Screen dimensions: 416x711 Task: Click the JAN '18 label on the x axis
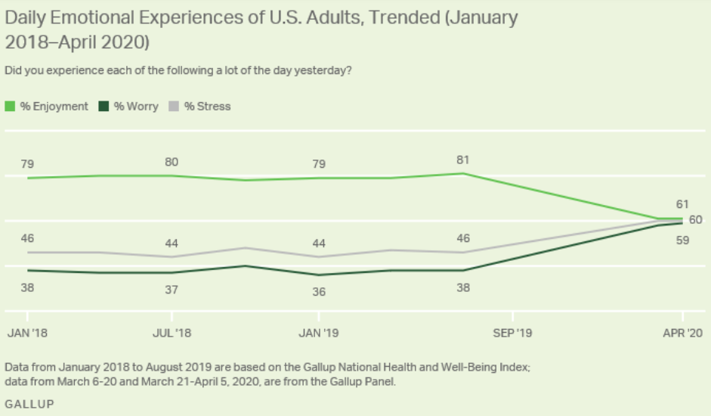coord(28,333)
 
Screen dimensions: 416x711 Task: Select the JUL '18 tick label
coord(172,333)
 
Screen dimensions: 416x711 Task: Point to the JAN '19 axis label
coord(319,333)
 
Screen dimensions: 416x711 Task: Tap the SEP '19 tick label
coord(512,333)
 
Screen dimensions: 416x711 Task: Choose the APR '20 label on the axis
coord(683,333)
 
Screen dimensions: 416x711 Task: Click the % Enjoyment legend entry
coord(54,107)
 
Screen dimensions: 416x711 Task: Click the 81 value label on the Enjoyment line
coord(463,160)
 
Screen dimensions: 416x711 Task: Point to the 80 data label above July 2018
coord(172,160)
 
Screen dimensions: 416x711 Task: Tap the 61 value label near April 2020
coord(682,203)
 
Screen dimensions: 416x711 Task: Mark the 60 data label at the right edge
coord(695,219)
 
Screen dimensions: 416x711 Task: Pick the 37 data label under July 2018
coord(172,290)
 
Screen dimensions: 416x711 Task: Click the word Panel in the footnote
coord(379,381)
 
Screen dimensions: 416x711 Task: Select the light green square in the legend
coord(10,107)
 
